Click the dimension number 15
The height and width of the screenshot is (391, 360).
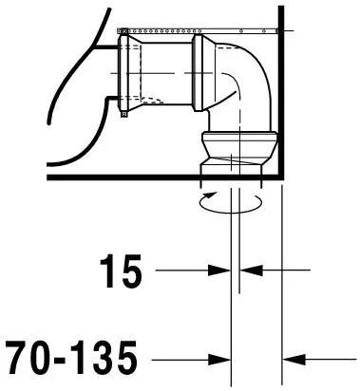coord(121,271)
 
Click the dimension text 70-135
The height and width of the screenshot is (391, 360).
coord(71,357)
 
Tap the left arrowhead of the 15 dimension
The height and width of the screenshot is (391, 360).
coord(219,270)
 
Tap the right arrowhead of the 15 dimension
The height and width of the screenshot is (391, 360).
coord(252,270)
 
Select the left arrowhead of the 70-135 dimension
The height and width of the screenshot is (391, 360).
coord(219,360)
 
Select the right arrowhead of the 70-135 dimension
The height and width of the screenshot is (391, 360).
coord(294,360)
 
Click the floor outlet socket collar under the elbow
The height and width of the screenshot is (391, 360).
coord(239,148)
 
